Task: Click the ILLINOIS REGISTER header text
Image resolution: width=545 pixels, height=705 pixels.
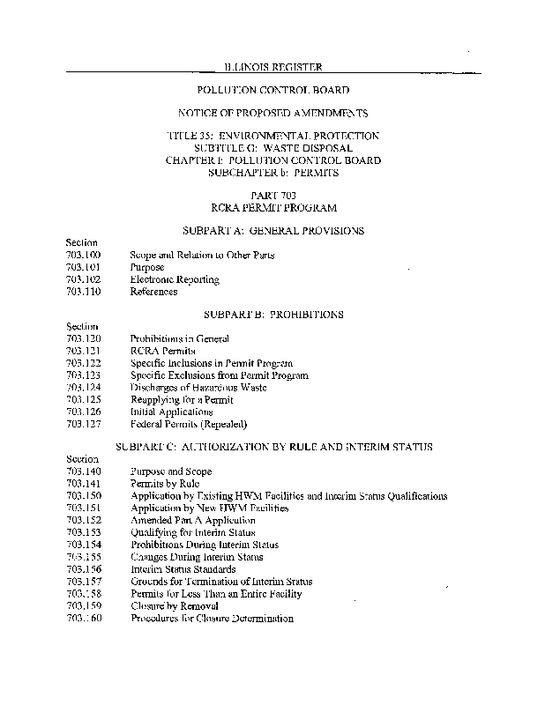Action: (272, 66)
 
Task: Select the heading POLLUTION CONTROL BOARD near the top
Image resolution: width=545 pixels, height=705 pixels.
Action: (272, 90)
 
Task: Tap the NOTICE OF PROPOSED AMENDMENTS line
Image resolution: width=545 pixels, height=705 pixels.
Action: (272, 113)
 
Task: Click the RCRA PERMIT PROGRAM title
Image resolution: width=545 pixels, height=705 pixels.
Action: (272, 207)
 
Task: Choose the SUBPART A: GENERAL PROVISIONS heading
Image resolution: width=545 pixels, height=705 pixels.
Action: (272, 230)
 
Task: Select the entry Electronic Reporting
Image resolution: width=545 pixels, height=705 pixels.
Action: (175, 279)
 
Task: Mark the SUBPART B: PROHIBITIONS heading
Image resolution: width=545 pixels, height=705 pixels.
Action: (272, 314)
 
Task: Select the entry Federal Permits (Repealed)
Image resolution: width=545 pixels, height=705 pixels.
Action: (183, 424)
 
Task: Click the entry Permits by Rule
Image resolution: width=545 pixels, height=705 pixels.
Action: (165, 484)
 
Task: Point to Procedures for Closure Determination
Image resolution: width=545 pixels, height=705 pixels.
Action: (212, 619)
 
